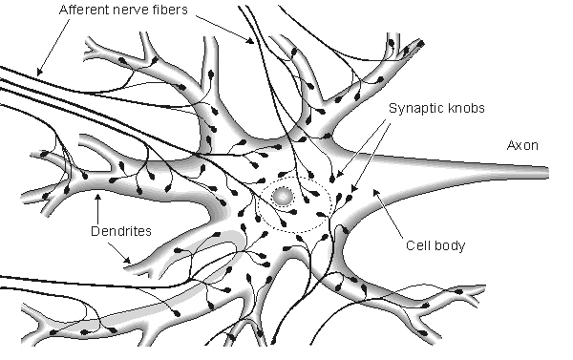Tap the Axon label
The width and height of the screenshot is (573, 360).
[x=522, y=145]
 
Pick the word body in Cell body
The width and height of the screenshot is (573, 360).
[x=451, y=244]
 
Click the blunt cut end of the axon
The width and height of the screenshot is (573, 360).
[x=549, y=173]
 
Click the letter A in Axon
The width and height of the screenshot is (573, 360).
[x=510, y=145]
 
